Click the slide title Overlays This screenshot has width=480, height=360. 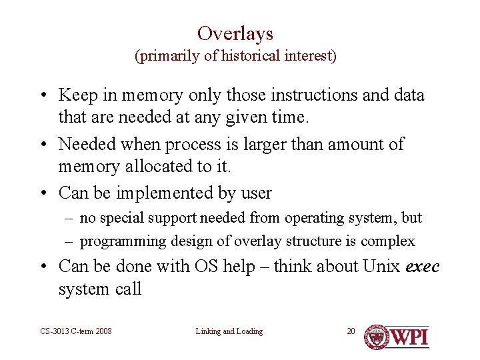click(235, 33)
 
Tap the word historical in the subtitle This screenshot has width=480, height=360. click(250, 56)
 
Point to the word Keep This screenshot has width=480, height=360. click(76, 95)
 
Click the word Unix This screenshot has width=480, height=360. click(381, 267)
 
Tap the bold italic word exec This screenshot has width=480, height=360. click(423, 267)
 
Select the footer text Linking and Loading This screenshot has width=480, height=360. click(229, 331)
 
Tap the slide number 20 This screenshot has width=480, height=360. click(351, 331)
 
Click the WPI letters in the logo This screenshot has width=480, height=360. click(409, 337)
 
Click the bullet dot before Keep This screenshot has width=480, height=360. click(43, 96)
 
